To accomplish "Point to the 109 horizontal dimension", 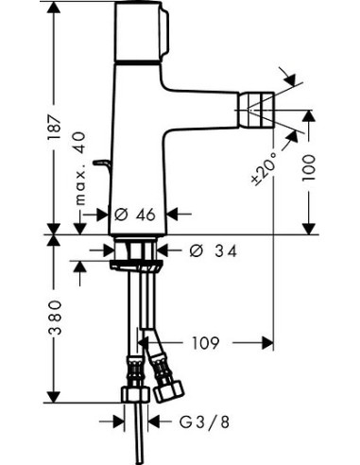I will (211, 342).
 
